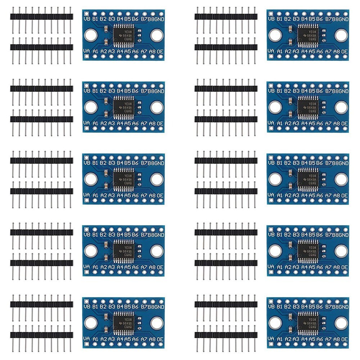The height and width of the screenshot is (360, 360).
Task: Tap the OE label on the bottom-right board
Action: point(345,339)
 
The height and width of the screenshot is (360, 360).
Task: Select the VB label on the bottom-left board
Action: point(86,307)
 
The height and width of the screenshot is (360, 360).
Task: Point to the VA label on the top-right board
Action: point(271,51)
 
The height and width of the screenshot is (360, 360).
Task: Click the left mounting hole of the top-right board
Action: point(275,35)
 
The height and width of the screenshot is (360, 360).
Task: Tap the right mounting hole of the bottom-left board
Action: point(156,323)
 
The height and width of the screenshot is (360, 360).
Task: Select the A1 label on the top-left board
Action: point(95,51)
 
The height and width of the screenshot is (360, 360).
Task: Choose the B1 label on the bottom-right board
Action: point(279,307)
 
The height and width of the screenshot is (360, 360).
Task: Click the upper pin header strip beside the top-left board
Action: point(41,17)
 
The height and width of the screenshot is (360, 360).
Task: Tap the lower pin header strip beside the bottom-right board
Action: point(226,335)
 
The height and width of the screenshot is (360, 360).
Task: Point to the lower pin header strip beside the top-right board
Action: point(226,47)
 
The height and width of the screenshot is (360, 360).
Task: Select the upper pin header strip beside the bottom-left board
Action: point(41,304)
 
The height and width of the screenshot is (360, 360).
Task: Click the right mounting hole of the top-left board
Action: point(156,35)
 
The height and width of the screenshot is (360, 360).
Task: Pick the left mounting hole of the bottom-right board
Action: point(275,323)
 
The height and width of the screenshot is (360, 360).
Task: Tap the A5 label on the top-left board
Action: point(128,51)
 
